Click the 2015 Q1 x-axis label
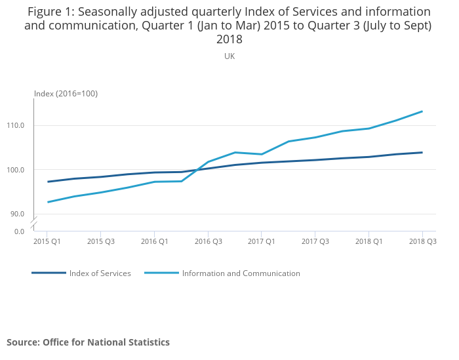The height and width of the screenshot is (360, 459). pos(47,241)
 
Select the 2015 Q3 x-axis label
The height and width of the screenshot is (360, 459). pos(100,241)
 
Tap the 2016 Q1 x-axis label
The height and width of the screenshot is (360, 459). pos(154,241)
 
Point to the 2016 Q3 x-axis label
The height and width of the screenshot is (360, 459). pos(208,241)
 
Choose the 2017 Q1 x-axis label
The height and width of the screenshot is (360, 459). pos(262,241)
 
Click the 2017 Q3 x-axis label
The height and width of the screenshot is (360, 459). pos(315,241)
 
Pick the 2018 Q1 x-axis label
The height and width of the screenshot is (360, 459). pos(369,241)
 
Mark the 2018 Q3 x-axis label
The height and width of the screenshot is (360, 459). pos(422,241)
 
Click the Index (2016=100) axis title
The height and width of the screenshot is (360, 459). pos(66,93)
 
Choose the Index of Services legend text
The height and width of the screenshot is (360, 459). pos(100,273)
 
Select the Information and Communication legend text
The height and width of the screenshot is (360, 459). pos(241,273)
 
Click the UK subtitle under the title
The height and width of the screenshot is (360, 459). pos(229,56)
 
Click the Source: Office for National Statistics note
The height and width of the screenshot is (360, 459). pos(88,342)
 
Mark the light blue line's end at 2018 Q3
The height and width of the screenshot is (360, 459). pos(422,111)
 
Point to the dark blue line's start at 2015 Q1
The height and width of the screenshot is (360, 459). pos(48,182)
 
